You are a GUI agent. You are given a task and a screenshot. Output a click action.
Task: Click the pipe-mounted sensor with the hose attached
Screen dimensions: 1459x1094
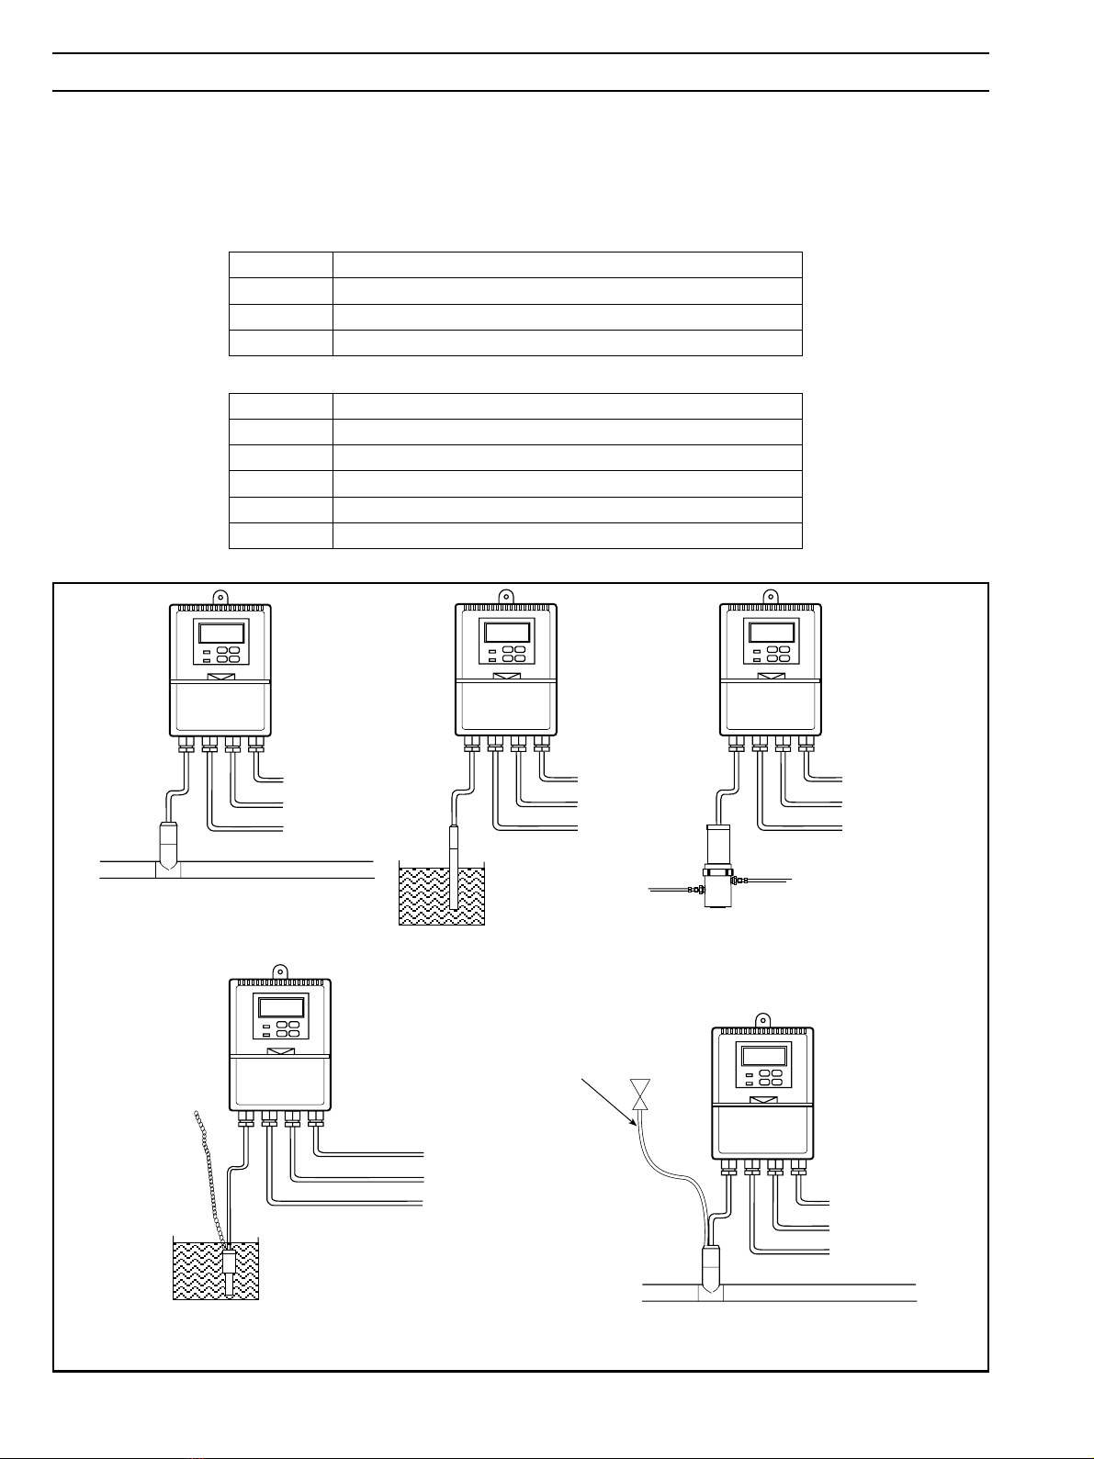coord(712,1266)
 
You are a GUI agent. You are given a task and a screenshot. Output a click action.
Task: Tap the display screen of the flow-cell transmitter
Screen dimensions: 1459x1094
coord(771,633)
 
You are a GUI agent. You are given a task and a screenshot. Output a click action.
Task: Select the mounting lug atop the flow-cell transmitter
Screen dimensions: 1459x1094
coord(771,595)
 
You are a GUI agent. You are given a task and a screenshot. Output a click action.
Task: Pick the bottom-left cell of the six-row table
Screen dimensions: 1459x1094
coord(280,535)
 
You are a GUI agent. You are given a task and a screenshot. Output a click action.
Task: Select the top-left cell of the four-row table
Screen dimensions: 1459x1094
coord(280,265)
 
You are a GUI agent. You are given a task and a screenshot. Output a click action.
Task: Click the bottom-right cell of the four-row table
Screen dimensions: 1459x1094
coord(567,342)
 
